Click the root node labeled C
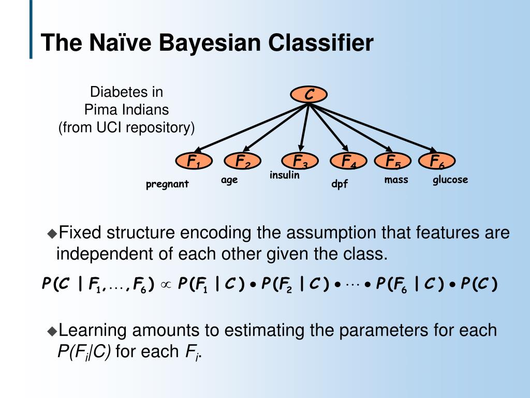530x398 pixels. pos(308,94)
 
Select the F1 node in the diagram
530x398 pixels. pos(194,161)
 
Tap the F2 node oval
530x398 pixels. pos(242,161)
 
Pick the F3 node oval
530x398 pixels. pos(300,161)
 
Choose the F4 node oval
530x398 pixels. pos(348,161)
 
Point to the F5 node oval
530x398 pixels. pos(392,161)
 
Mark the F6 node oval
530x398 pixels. pos(437,161)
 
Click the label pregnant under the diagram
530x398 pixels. pos(167,184)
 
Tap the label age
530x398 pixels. pos(229,180)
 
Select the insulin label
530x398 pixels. pos(285,175)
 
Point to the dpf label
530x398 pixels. pos(340,184)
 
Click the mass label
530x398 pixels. pos(396,180)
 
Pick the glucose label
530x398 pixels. pos(450,180)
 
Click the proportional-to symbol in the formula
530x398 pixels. pos(166,285)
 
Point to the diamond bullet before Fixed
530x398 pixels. pos(52,234)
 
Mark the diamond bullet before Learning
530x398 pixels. pos(52,331)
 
